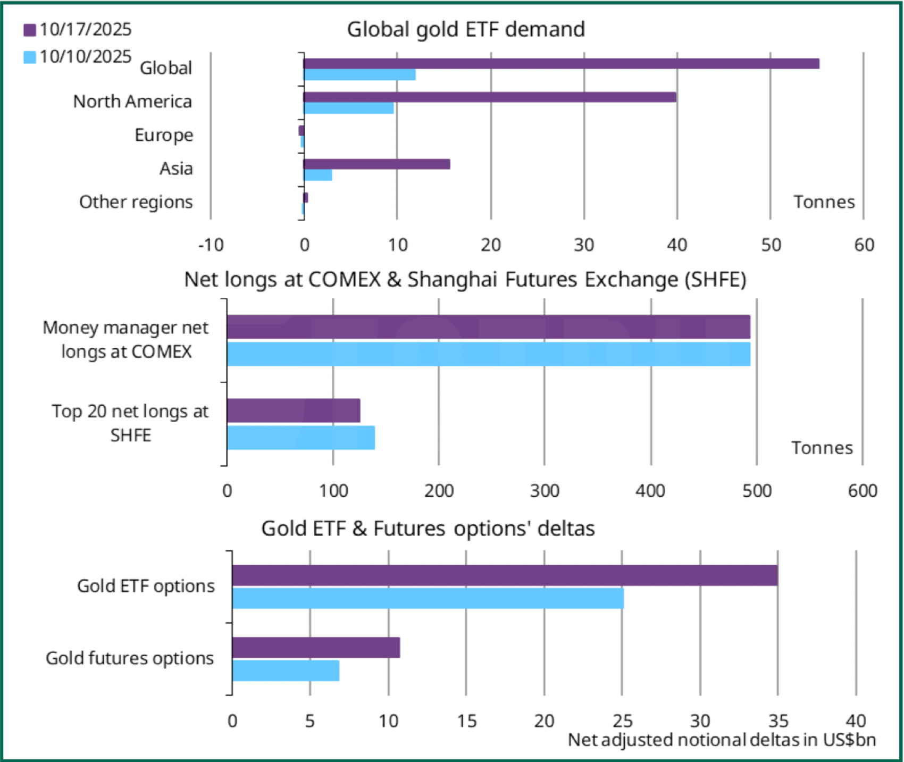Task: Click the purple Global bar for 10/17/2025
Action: [x=561, y=64]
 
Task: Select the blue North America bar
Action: [x=349, y=108]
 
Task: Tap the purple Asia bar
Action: [x=376, y=164]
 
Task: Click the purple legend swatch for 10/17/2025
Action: [x=30, y=30]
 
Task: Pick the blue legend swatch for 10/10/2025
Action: [x=30, y=57]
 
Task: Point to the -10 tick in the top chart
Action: [x=211, y=245]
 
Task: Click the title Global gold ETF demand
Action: [x=466, y=29]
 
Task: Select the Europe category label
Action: [x=164, y=135]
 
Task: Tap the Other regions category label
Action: [x=136, y=202]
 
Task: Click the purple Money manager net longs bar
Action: [x=488, y=327]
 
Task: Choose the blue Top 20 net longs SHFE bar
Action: [x=301, y=438]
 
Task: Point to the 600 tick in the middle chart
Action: [x=863, y=491]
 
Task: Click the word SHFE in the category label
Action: [x=131, y=436]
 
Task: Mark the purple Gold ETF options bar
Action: [x=505, y=575]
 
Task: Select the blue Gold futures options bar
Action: [x=286, y=671]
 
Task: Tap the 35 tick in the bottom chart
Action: [x=778, y=721]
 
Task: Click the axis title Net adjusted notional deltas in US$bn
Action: [x=722, y=740]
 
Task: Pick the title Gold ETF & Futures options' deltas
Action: [x=428, y=529]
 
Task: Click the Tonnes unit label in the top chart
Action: [x=824, y=202]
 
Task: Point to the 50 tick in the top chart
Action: [x=771, y=245]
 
